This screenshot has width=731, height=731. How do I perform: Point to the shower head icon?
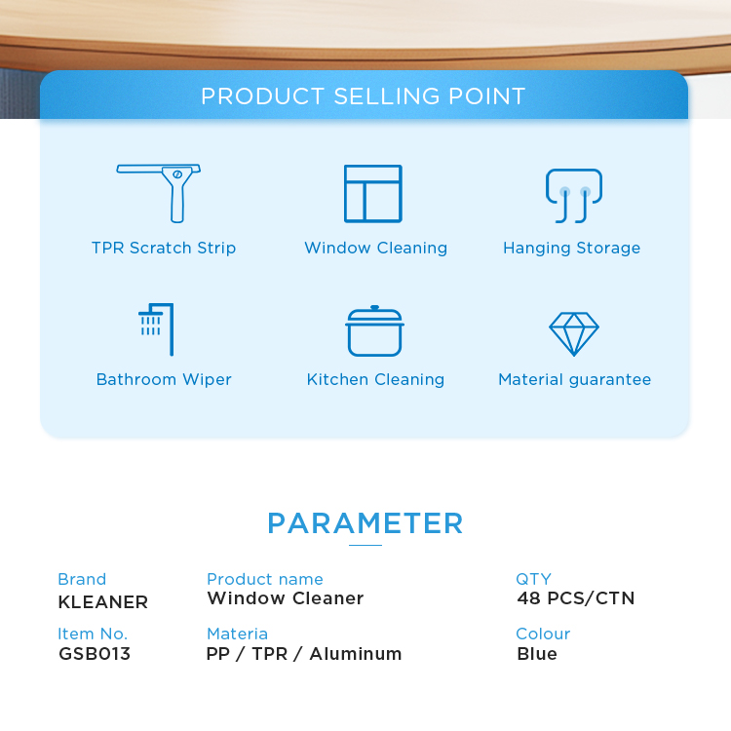tap(157, 329)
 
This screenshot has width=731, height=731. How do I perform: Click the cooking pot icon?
tap(374, 331)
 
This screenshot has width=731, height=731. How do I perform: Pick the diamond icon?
tap(574, 333)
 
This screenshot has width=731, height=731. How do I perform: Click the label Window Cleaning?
tap(376, 249)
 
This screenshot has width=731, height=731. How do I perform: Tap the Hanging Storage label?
tap(571, 249)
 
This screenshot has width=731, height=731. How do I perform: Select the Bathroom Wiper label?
tap(164, 379)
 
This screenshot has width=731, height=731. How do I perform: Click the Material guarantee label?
tap(574, 380)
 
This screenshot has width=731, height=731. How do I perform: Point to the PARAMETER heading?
tap(365, 523)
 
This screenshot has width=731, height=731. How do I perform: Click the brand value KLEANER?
tap(103, 602)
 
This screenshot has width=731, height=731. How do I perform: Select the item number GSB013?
tap(95, 654)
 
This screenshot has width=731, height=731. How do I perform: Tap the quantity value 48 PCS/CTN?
tap(576, 598)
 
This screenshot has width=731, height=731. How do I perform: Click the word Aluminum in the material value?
tap(356, 654)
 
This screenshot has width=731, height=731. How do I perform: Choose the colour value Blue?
tap(537, 654)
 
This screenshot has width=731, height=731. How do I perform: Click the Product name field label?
tap(265, 579)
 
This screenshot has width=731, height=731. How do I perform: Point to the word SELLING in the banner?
tap(387, 96)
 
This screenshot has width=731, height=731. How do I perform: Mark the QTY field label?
tap(534, 579)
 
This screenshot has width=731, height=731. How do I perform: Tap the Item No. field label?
tap(93, 635)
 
